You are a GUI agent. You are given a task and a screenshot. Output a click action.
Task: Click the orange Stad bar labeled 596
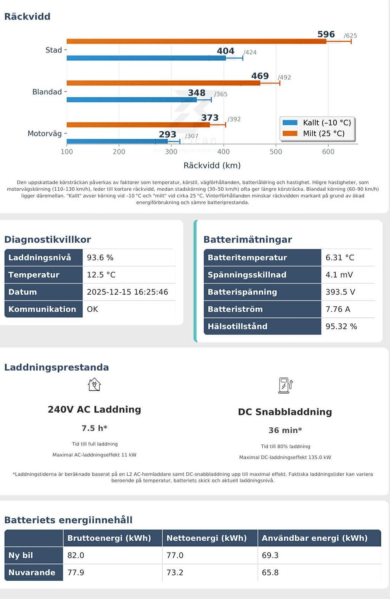196,41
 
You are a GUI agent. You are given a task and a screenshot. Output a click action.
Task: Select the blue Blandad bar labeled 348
131,100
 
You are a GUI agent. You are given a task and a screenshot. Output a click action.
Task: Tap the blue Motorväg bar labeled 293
117,141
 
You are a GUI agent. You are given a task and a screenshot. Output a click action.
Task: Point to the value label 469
260,76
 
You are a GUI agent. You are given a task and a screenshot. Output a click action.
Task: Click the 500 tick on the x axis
276,151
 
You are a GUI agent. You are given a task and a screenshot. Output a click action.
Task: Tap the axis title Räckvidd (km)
212,165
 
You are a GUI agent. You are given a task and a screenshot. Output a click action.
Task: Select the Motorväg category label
45,133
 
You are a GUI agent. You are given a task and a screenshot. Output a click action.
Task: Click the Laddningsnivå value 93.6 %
100,258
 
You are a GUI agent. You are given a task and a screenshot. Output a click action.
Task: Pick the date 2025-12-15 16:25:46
127,292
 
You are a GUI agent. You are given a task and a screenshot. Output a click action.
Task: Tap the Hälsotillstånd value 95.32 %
341,326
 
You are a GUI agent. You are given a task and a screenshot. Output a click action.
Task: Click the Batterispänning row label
242,292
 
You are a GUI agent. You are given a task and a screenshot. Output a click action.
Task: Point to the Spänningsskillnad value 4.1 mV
339,275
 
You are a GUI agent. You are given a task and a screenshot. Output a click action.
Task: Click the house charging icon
94,384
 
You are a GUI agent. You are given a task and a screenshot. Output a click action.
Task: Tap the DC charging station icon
285,385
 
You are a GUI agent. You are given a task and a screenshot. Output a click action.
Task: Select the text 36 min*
285,430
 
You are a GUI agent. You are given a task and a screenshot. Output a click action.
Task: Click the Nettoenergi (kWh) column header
206,538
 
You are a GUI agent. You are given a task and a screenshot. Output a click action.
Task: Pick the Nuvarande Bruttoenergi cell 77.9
76,572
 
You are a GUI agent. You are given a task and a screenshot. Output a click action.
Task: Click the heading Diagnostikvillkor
48,239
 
